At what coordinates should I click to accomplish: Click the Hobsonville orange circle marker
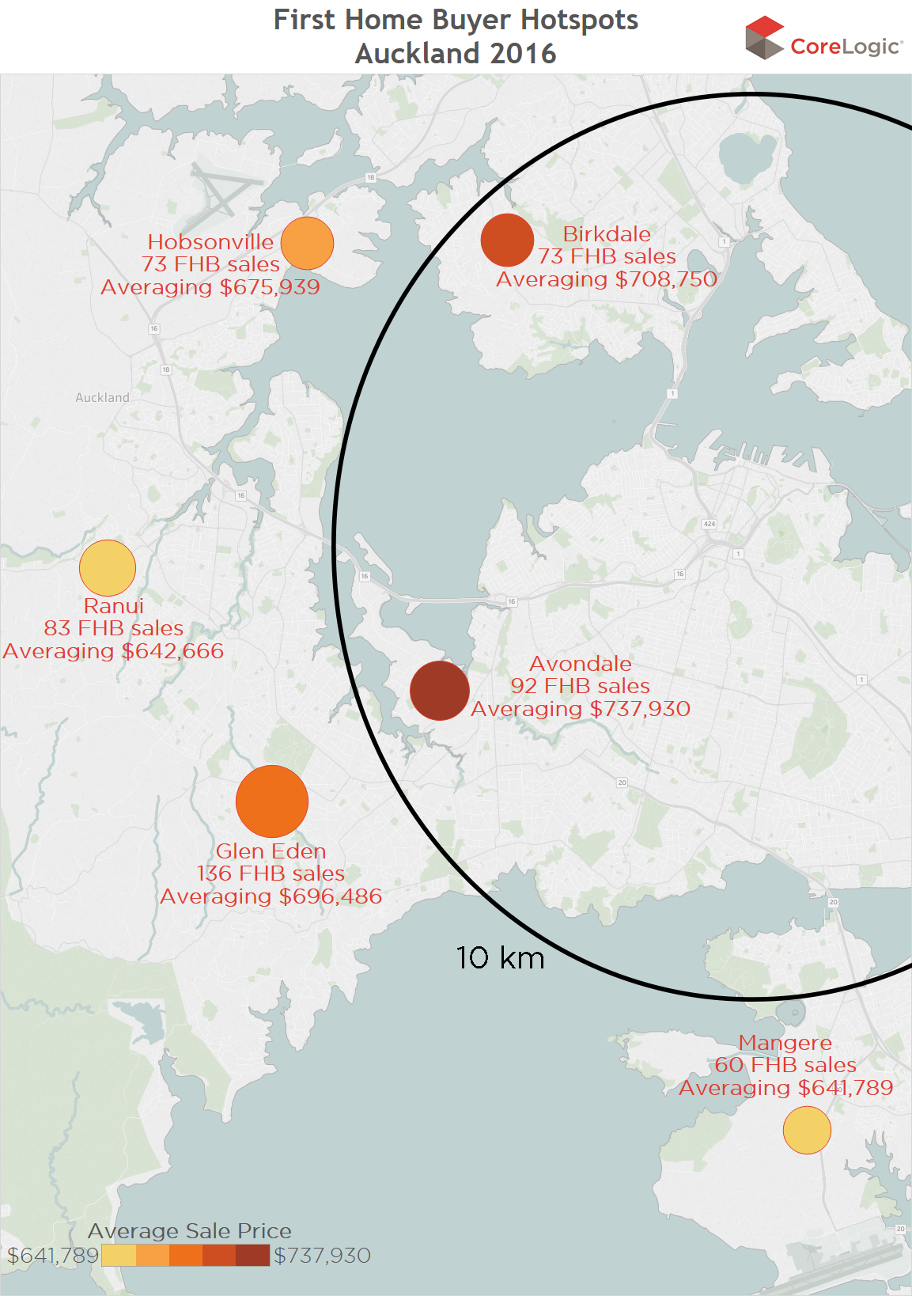[x=307, y=244]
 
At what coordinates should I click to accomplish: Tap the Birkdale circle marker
[x=507, y=240]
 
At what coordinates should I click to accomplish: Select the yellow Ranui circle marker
[x=108, y=568]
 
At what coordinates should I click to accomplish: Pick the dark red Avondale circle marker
[x=440, y=691]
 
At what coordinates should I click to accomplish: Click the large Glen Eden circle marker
[x=272, y=801]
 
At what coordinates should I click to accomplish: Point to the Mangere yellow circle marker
[x=807, y=1131]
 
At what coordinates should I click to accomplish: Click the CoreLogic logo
[x=823, y=40]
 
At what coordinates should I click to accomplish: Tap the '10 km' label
[x=500, y=958]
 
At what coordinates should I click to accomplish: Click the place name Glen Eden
[x=271, y=851]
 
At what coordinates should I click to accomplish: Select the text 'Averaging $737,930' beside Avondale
[x=581, y=709]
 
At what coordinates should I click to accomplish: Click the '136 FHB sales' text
[x=271, y=873]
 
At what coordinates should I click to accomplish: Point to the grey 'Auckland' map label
[x=102, y=397]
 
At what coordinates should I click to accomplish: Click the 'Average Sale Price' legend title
[x=190, y=1231]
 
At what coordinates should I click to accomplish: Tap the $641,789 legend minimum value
[x=52, y=1256]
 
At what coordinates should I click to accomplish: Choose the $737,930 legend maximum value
[x=322, y=1256]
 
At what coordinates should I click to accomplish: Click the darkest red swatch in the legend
[x=253, y=1256]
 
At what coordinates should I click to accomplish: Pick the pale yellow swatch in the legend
[x=119, y=1256]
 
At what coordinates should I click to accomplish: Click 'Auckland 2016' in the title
[x=456, y=54]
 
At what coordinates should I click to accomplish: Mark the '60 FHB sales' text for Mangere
[x=785, y=1065]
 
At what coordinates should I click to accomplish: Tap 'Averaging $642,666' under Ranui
[x=113, y=651]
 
